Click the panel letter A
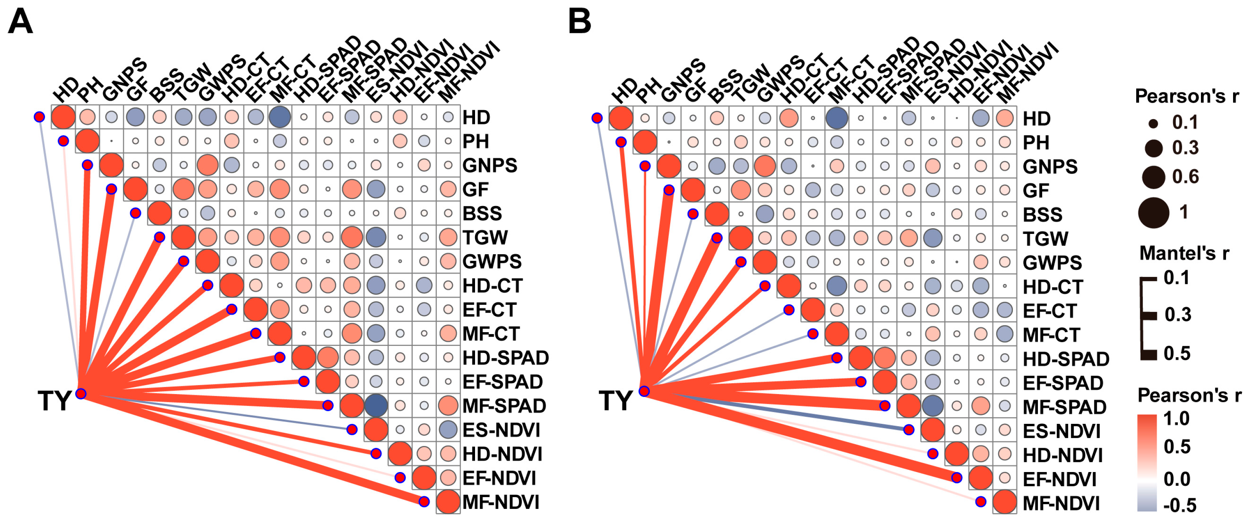(x=20, y=22)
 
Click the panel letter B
(x=579, y=22)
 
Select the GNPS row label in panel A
(x=490, y=165)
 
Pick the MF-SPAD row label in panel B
(x=1064, y=407)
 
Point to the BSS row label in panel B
(x=1042, y=214)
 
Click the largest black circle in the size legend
(x=1154, y=213)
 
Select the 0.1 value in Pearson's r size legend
(x=1185, y=123)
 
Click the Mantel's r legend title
(x=1184, y=253)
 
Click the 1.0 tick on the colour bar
(x=1176, y=418)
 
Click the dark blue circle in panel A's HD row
(x=279, y=117)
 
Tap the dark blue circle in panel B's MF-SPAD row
(x=932, y=405)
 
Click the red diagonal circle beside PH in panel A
(x=87, y=141)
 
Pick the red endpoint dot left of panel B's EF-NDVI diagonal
(x=957, y=478)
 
